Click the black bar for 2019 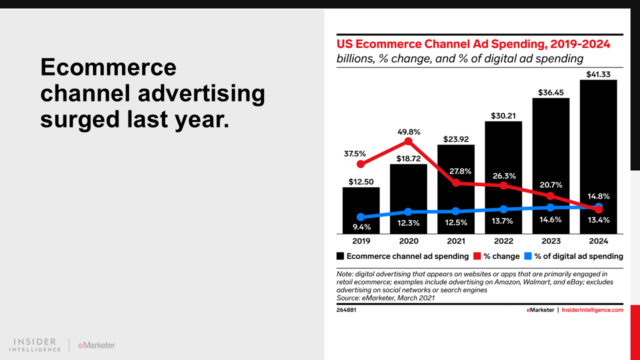(361, 210)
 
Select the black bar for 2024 (598, 150)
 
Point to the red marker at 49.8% (408, 141)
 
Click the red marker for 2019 (361, 164)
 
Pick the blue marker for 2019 (361, 217)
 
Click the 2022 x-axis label (503, 241)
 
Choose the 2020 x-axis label (408, 241)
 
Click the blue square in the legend (528, 256)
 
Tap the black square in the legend (340, 256)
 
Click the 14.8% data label (598, 196)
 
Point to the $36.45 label (551, 92)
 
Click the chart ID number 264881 (346, 310)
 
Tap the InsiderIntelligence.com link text (592, 310)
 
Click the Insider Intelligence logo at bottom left (35, 345)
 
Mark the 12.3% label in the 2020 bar (408, 223)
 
